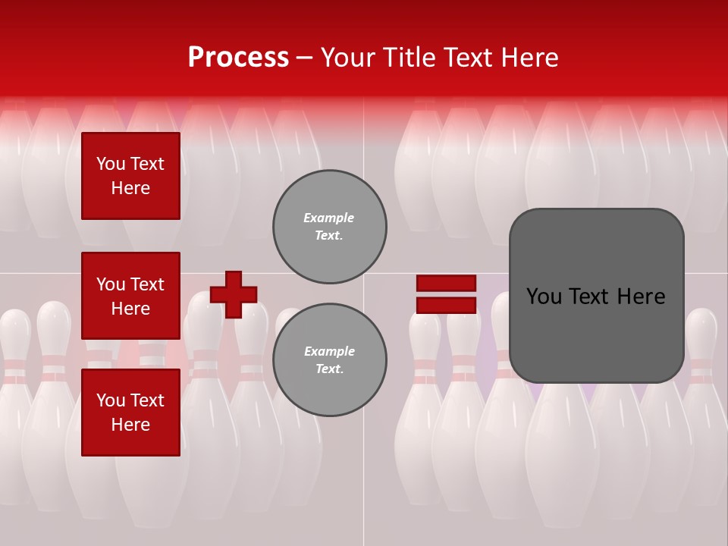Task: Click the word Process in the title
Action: click(238, 58)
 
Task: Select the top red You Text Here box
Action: click(130, 176)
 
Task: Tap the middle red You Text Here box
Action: click(130, 296)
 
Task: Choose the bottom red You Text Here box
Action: click(130, 413)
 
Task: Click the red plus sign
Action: click(234, 294)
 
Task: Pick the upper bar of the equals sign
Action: click(446, 283)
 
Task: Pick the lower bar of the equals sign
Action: click(446, 305)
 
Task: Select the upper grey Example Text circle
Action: click(329, 227)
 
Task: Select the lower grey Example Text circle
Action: click(329, 359)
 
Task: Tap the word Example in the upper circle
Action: click(329, 218)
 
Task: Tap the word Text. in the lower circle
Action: click(329, 369)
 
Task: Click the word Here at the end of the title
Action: click(530, 58)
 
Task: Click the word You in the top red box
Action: click(110, 164)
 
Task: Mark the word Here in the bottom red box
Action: click(130, 425)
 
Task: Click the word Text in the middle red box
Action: click(147, 284)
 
